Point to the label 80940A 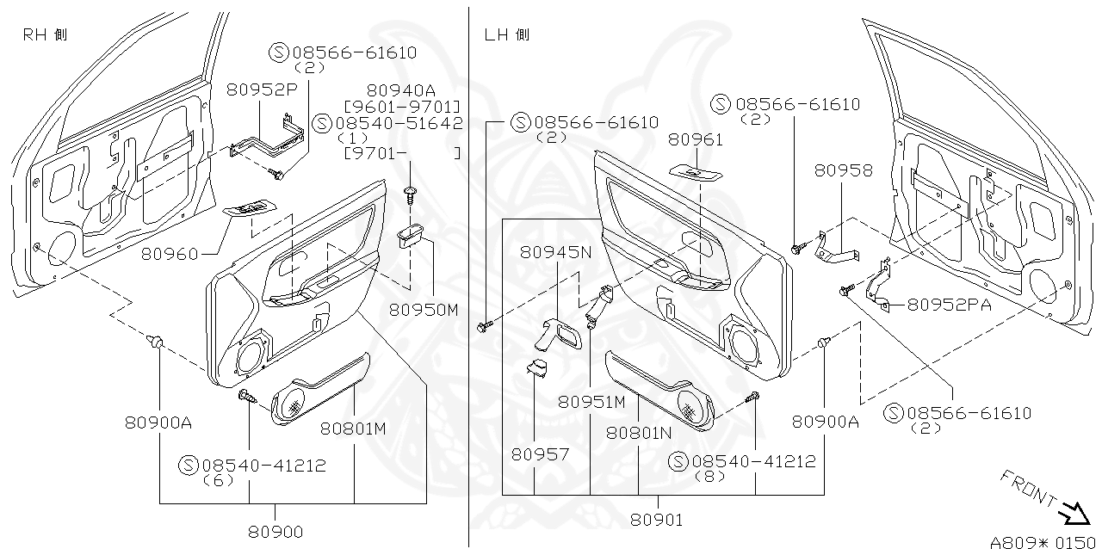click(x=400, y=89)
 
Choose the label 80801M click(x=353, y=428)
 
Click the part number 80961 click(x=696, y=139)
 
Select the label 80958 click(x=844, y=170)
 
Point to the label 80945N click(x=555, y=252)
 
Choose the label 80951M click(x=591, y=402)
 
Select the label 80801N click(x=639, y=433)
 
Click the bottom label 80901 click(x=656, y=520)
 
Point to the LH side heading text click(x=507, y=34)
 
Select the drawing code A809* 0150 click(x=1043, y=542)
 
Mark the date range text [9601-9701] click(x=402, y=106)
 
